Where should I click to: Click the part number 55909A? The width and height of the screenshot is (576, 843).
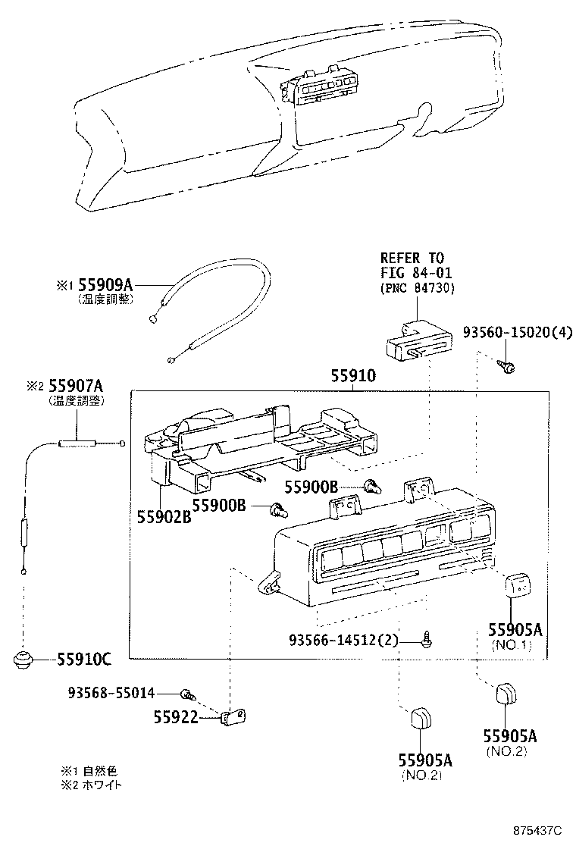coord(105,285)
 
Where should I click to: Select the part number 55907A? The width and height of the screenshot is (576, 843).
coord(75,386)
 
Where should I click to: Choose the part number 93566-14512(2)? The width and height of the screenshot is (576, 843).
coord(343,641)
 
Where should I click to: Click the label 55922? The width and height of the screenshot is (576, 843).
coord(176,716)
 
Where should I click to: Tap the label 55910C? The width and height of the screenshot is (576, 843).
coord(83,659)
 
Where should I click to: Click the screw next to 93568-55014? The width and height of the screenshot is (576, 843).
coord(186,693)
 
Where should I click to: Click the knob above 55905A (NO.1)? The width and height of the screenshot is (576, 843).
coord(518,584)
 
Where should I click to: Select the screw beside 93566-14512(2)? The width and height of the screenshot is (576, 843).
coord(428,638)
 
